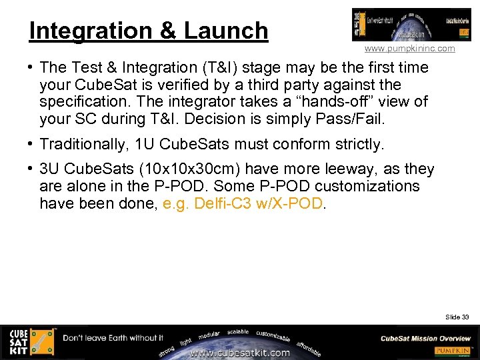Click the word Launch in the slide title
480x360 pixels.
pyautogui.click(x=225, y=31)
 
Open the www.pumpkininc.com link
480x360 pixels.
pyautogui.click(x=409, y=49)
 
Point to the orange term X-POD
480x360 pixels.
pyautogui.click(x=299, y=203)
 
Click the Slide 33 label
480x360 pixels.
pyautogui.click(x=457, y=317)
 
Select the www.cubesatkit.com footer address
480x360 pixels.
pyautogui.click(x=239, y=353)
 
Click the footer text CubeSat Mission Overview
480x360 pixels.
pyautogui.click(x=425, y=338)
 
